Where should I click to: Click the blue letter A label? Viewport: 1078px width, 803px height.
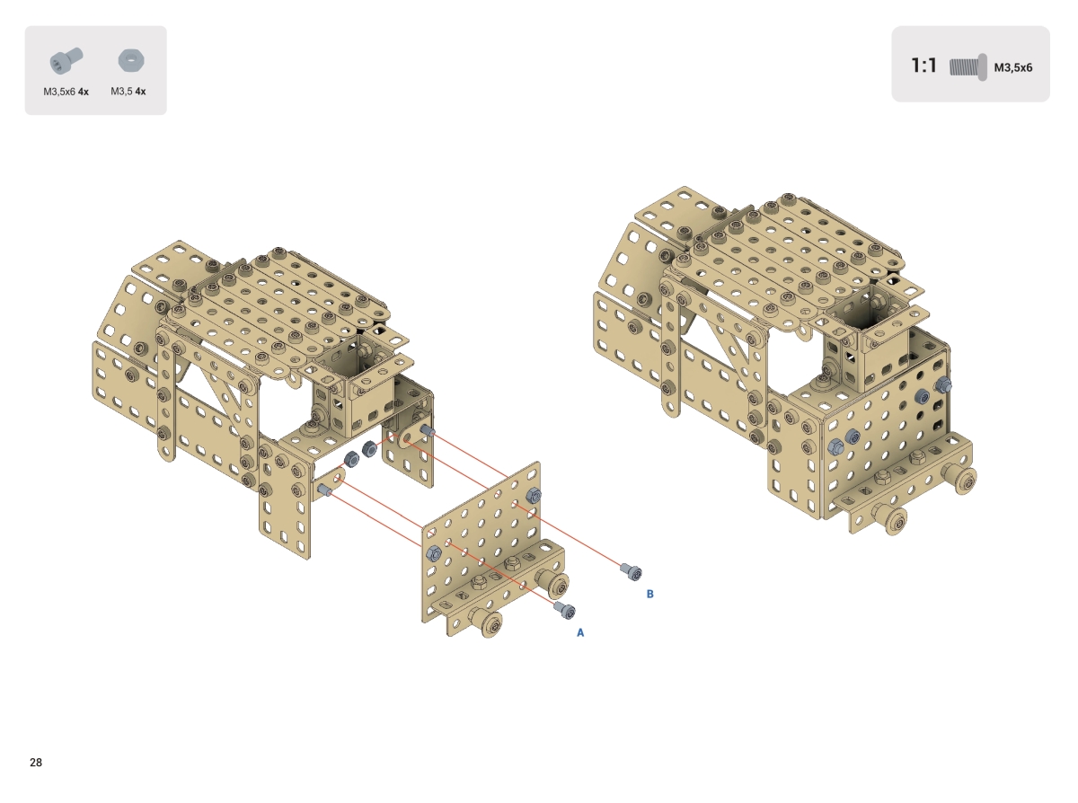coord(579,633)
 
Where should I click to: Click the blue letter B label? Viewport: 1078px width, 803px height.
coord(649,594)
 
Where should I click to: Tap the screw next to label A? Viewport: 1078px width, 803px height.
coord(565,610)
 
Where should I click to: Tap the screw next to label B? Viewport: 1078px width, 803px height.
coord(632,571)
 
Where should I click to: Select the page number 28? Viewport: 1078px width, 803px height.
coord(36,763)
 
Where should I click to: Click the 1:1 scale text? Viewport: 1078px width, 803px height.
coord(923,66)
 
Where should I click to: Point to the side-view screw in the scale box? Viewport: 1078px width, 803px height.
coord(968,67)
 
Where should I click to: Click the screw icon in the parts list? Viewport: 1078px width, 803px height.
coord(66,61)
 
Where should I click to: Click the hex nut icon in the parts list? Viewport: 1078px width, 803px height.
coord(131,61)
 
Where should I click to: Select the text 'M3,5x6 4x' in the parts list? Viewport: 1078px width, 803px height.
coord(66,92)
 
